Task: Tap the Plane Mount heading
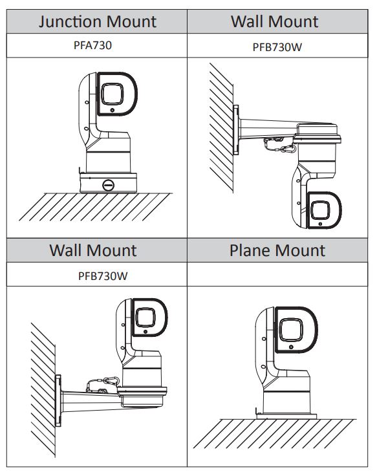[x=277, y=250]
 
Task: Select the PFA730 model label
[x=93, y=45]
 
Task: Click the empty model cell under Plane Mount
[x=277, y=274]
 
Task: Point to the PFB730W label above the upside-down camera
[x=277, y=47]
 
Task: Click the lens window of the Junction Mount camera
[x=112, y=94]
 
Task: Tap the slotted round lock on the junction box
[x=108, y=185]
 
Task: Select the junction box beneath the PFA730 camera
[x=108, y=182]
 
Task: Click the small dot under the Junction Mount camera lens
[x=113, y=111]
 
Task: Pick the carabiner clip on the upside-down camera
[x=288, y=149]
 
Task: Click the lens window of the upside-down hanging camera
[x=321, y=210]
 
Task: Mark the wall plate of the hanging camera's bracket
[x=236, y=130]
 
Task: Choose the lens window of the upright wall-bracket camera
[x=145, y=318]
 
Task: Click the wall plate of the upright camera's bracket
[x=58, y=400]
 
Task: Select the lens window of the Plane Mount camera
[x=290, y=330]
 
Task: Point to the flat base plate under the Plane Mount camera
[x=286, y=416]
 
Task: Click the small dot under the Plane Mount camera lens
[x=291, y=347]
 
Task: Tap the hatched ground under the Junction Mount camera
[x=95, y=207]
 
